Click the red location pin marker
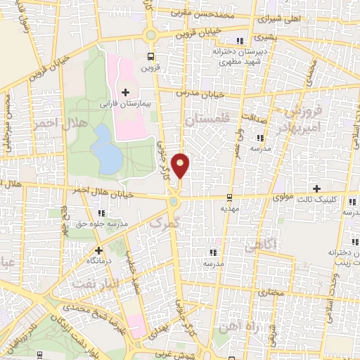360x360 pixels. coord(181,165)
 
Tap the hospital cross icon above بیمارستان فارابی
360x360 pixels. coord(126,91)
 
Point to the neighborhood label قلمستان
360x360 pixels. coord(206,120)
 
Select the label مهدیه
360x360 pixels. coord(231,209)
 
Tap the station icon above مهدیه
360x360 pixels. coord(231,198)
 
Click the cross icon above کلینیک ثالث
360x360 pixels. coord(317,188)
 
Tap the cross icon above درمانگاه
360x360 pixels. coord(99,250)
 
